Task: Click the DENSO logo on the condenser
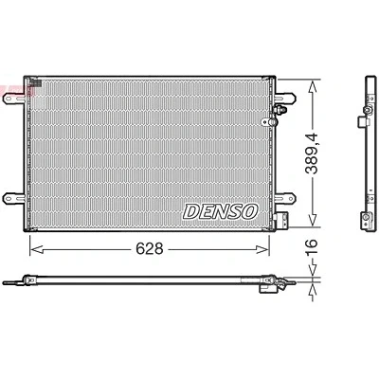(221, 211)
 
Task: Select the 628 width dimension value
(150, 249)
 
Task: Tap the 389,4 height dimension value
(312, 153)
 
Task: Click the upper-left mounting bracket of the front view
(14, 99)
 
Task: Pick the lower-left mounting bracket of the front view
(14, 198)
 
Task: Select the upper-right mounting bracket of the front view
(285, 98)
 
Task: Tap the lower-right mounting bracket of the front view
(285, 198)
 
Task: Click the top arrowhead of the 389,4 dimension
(313, 86)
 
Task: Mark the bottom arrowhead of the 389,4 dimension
(313, 220)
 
